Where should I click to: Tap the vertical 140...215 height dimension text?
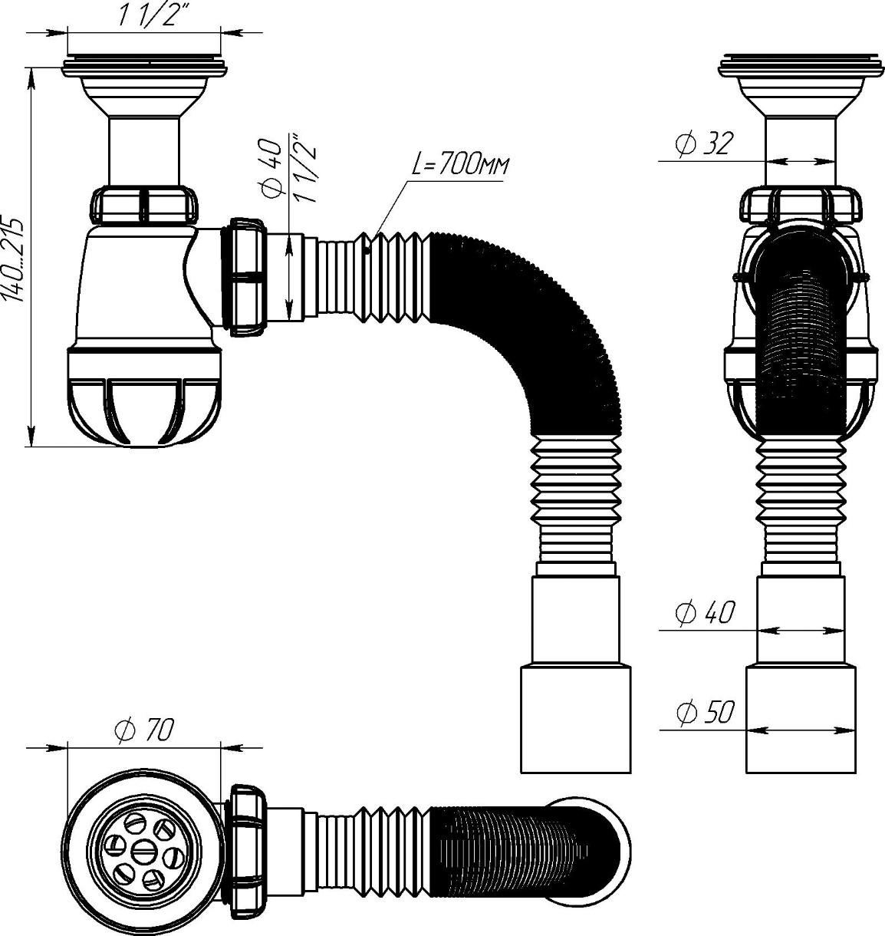point(13,260)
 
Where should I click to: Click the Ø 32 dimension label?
point(702,143)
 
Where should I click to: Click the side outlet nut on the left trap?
point(248,277)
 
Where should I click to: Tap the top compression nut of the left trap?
point(143,205)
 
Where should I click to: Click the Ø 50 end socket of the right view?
point(801,727)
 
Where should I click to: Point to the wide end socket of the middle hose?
point(576,727)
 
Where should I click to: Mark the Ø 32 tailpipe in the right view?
point(801,151)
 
